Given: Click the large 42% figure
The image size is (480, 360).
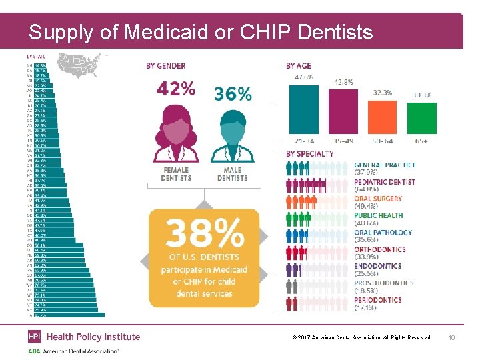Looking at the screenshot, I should click(x=176, y=88).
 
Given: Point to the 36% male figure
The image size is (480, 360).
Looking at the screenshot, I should click(x=233, y=94).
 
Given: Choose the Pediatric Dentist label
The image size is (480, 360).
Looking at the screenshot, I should click(x=385, y=182).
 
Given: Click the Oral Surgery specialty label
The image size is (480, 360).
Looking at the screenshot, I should click(x=378, y=199).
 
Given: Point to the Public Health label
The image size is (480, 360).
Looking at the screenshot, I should click(x=378, y=216).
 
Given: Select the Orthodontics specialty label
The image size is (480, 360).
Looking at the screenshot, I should click(x=380, y=250).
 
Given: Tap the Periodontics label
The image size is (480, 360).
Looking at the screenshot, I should click(x=378, y=301).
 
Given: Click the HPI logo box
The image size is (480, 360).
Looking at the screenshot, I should click(x=34, y=337).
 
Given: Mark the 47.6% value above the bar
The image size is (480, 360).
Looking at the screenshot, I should click(x=304, y=77).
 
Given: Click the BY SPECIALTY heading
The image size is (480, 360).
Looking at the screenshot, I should click(x=309, y=154).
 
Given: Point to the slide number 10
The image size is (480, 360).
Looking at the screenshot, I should click(x=451, y=337).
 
